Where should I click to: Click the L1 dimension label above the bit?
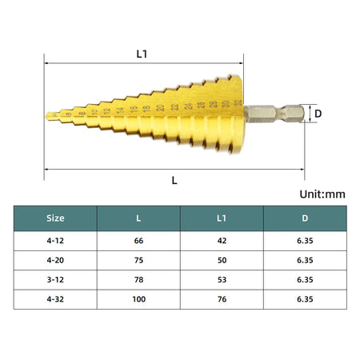coord(142,54)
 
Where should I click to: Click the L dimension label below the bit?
coord(174,180)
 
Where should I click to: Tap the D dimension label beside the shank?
coord(318,114)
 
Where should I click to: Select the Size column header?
coord(55,218)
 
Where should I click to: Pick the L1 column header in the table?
coord(222,218)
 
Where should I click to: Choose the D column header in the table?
coord(305,218)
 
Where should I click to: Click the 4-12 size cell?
coord(55,239)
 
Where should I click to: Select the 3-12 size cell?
coord(55,278)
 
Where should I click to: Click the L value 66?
coord(138,239)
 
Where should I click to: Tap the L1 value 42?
coord(222,239)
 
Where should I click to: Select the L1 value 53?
coord(222,278)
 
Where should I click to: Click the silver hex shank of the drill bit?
coord(275,114)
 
